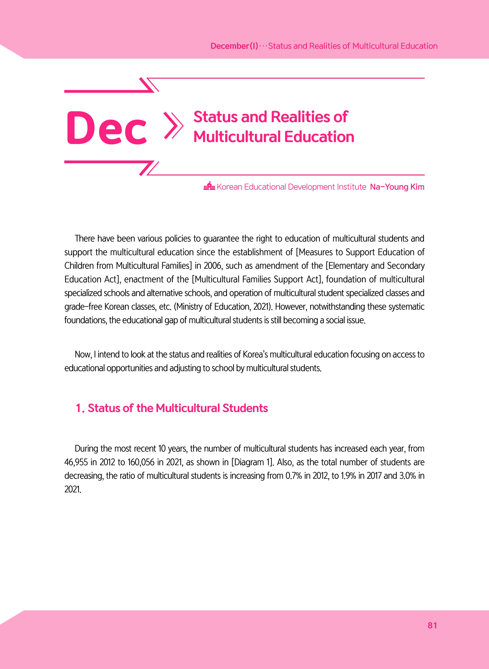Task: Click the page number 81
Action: click(432, 625)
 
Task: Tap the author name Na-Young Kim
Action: click(397, 187)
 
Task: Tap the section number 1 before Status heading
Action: click(79, 408)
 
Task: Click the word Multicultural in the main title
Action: click(237, 137)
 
